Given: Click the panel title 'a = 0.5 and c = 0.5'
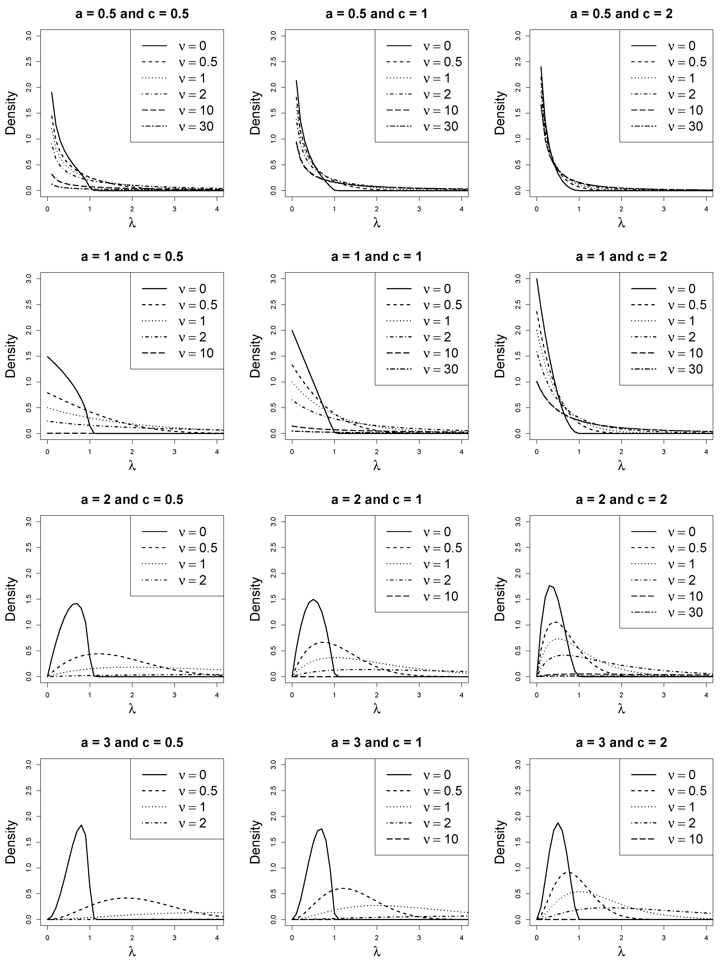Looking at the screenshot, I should (132, 14).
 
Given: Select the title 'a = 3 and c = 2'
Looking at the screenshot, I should (621, 743).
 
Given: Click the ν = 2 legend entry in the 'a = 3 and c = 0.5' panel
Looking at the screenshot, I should (178, 823).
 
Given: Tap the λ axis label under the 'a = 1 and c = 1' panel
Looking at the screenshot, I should (376, 466).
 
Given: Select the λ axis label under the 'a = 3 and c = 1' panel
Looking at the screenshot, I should (376, 952).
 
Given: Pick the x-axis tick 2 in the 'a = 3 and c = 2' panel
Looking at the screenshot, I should (622, 938).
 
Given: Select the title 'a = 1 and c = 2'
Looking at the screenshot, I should (621, 256).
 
